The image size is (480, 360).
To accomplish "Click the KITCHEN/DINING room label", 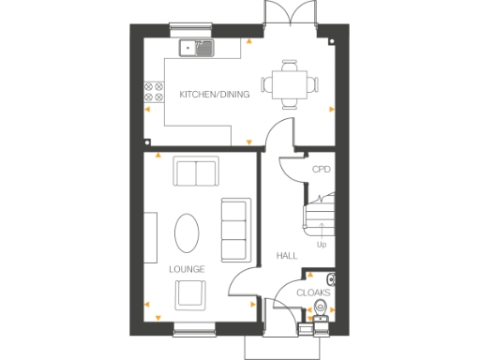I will [x=215, y=95].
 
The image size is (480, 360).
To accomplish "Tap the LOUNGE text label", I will [x=187, y=269].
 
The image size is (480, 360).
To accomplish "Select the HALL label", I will [x=286, y=255].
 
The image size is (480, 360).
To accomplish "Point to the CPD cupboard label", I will [x=322, y=170].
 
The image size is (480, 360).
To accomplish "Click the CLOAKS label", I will [x=313, y=293].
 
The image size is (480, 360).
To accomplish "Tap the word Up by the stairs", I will [x=322, y=246].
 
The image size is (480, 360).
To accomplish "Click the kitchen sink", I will [x=198, y=45].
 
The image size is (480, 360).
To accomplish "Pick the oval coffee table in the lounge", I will [x=188, y=232].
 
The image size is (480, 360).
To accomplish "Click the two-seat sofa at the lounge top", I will [x=196, y=173].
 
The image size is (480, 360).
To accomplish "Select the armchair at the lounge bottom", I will [x=192, y=295].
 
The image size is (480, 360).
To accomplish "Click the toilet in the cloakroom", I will [x=331, y=279].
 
